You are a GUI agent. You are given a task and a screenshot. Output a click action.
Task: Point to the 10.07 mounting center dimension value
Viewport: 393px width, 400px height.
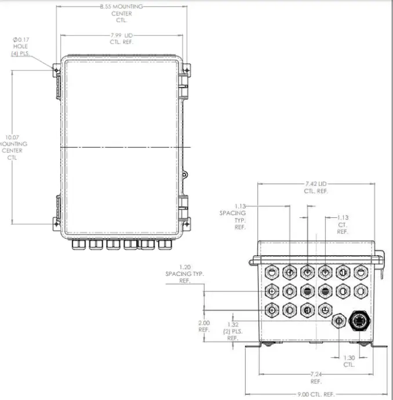click(x=12, y=137)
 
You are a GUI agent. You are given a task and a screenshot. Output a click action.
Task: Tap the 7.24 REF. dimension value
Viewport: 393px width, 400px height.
click(x=315, y=375)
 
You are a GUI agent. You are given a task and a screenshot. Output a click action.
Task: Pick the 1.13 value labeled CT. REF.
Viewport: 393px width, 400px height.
click(x=343, y=218)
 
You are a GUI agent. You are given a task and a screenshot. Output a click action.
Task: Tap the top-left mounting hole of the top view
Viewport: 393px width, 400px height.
click(x=56, y=70)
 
